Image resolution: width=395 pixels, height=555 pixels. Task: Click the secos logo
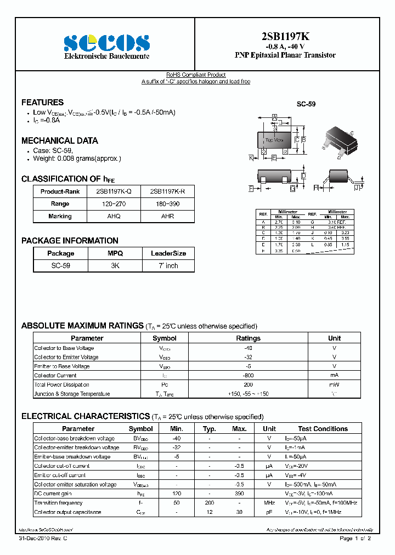[x=106, y=42]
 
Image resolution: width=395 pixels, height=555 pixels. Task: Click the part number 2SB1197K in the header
[x=285, y=36]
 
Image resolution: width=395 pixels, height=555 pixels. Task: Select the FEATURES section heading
[x=42, y=103]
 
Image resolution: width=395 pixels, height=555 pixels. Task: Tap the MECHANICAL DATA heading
[x=60, y=141]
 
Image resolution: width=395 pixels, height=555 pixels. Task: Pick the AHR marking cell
[x=168, y=216]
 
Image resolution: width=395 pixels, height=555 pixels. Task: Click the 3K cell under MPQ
[x=115, y=265]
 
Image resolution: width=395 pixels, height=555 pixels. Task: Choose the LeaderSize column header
[x=168, y=253]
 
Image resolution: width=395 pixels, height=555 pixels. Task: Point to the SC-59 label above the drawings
[x=306, y=104]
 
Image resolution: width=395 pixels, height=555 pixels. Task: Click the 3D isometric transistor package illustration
[x=340, y=142]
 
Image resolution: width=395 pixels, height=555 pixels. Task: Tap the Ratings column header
[x=248, y=338]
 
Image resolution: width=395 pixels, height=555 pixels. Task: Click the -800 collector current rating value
[x=248, y=376]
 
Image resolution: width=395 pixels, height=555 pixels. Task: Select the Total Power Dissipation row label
[x=61, y=385]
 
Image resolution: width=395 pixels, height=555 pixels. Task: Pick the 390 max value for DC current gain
[x=239, y=494]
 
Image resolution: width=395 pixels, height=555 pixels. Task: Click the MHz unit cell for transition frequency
[x=269, y=503]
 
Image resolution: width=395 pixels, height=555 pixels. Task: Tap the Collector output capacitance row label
[x=67, y=512]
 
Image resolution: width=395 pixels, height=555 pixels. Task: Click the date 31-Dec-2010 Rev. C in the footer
[x=43, y=539]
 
